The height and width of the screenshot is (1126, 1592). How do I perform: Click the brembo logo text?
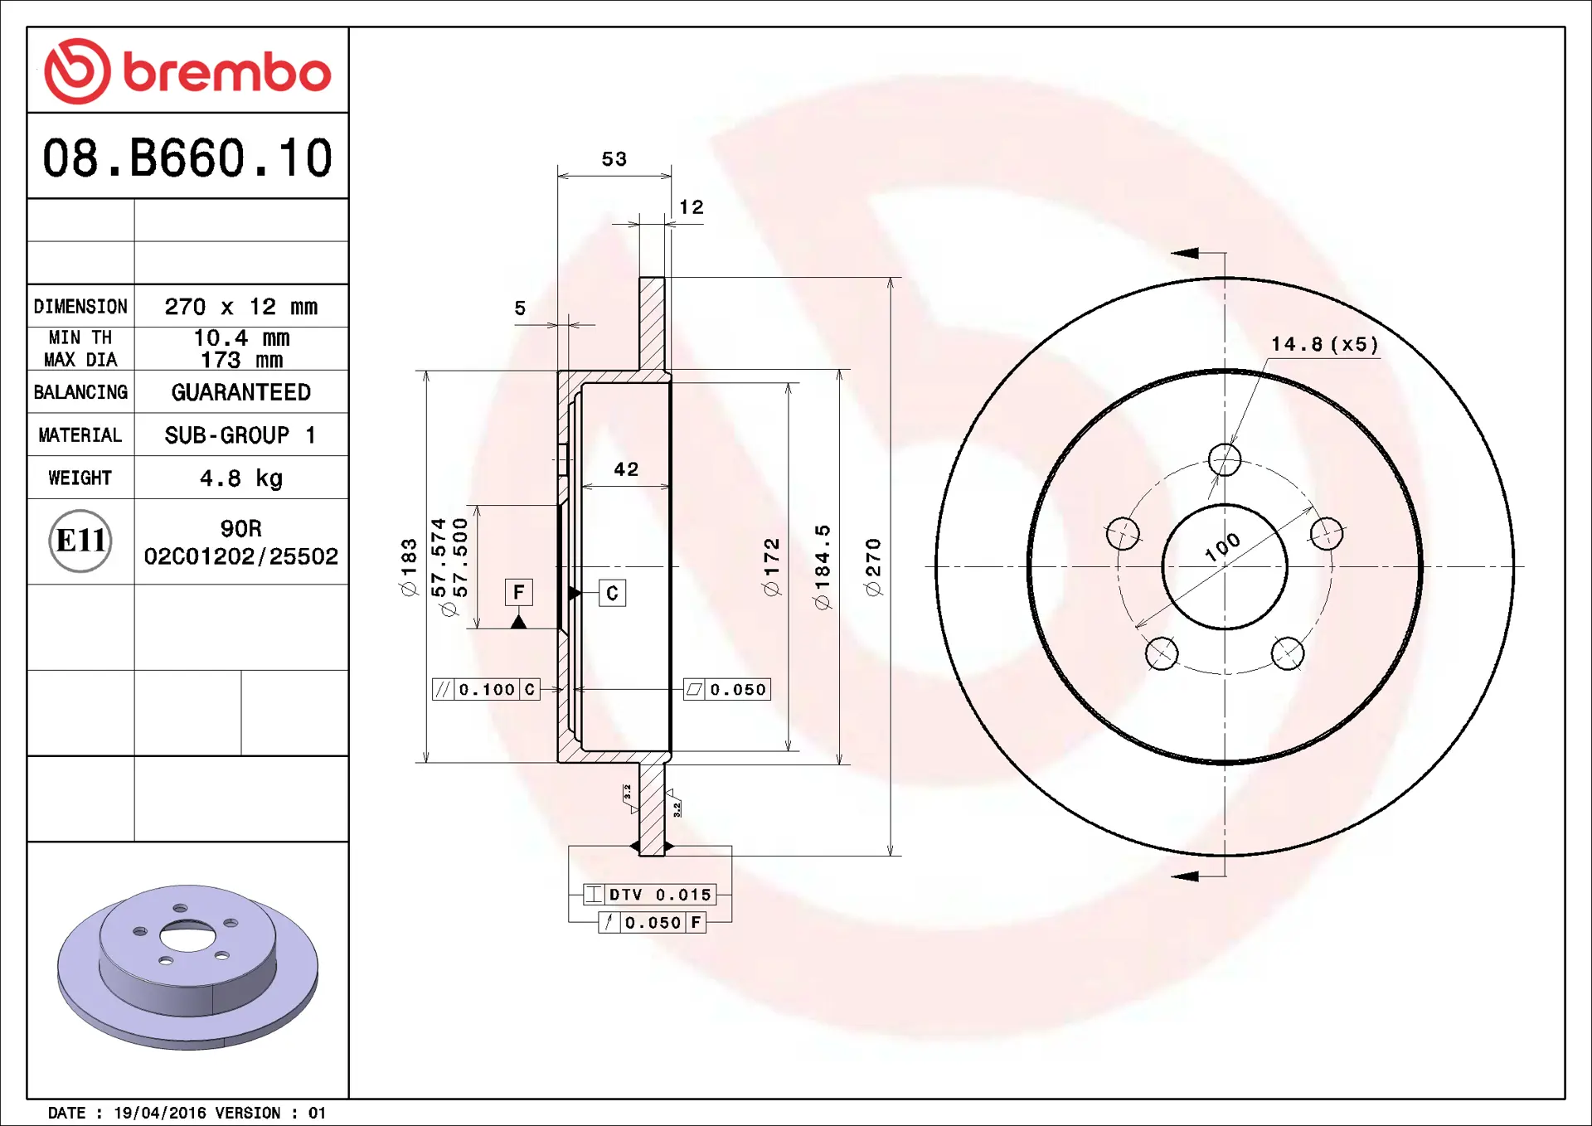pyautogui.click(x=226, y=73)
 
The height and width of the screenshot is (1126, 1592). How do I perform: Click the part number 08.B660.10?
pyautogui.click(x=187, y=158)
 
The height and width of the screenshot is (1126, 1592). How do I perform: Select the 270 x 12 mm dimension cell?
pyautogui.click(x=240, y=307)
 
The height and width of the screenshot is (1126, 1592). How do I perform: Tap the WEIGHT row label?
pyautogui.click(x=80, y=478)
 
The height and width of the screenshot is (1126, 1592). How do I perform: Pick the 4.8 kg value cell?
pyautogui.click(x=240, y=478)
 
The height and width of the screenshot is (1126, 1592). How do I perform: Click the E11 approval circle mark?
pyautogui.click(x=80, y=541)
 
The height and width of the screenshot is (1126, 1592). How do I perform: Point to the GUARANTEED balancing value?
pyautogui.click(x=240, y=392)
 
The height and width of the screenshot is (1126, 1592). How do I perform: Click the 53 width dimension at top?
pyautogui.click(x=614, y=159)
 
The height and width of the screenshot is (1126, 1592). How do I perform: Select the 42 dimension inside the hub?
pyautogui.click(x=626, y=469)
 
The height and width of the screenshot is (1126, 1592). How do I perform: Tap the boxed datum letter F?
pyautogui.click(x=518, y=592)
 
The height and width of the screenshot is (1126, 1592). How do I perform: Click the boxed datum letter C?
pyautogui.click(x=612, y=593)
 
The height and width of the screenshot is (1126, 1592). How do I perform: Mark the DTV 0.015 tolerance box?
pyautogui.click(x=649, y=895)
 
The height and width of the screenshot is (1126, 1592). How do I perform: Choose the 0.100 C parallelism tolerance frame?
pyautogui.click(x=486, y=690)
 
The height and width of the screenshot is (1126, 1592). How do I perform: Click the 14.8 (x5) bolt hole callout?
pyautogui.click(x=1324, y=344)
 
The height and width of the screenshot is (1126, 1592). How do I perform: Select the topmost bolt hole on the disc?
pyautogui.click(x=1224, y=459)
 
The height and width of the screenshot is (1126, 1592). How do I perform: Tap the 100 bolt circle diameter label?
pyautogui.click(x=1222, y=547)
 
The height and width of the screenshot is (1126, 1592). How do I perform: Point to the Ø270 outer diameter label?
pyautogui.click(x=873, y=567)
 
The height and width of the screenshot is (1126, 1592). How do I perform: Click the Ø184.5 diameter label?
pyautogui.click(x=822, y=567)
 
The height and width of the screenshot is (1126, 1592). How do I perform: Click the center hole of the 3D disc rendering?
pyautogui.click(x=187, y=937)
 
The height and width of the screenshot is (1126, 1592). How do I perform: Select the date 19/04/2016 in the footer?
pyautogui.click(x=159, y=1113)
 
